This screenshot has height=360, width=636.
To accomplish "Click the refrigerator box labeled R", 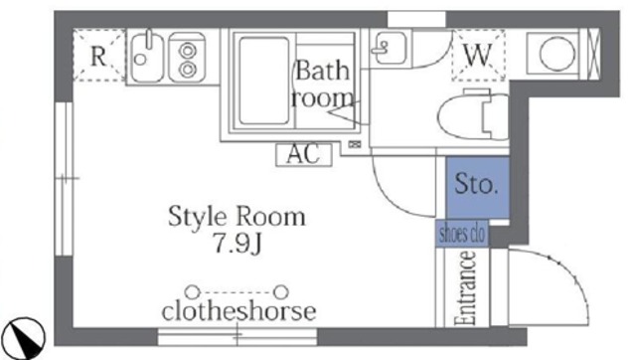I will point(98,56).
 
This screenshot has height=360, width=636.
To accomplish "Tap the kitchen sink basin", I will point(145,57).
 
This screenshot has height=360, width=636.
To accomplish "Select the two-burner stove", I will point(185,57).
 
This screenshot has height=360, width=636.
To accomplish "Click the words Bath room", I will point(323,85).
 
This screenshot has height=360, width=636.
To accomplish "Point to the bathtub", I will point(262,79).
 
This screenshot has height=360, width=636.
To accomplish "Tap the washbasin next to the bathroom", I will point(387,47).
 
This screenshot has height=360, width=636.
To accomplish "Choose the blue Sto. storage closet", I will point(476,185).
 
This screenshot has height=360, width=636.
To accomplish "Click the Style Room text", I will point(236,217).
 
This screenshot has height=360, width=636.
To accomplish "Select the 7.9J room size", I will point(236,244).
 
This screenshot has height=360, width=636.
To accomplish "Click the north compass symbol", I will point(26,336).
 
